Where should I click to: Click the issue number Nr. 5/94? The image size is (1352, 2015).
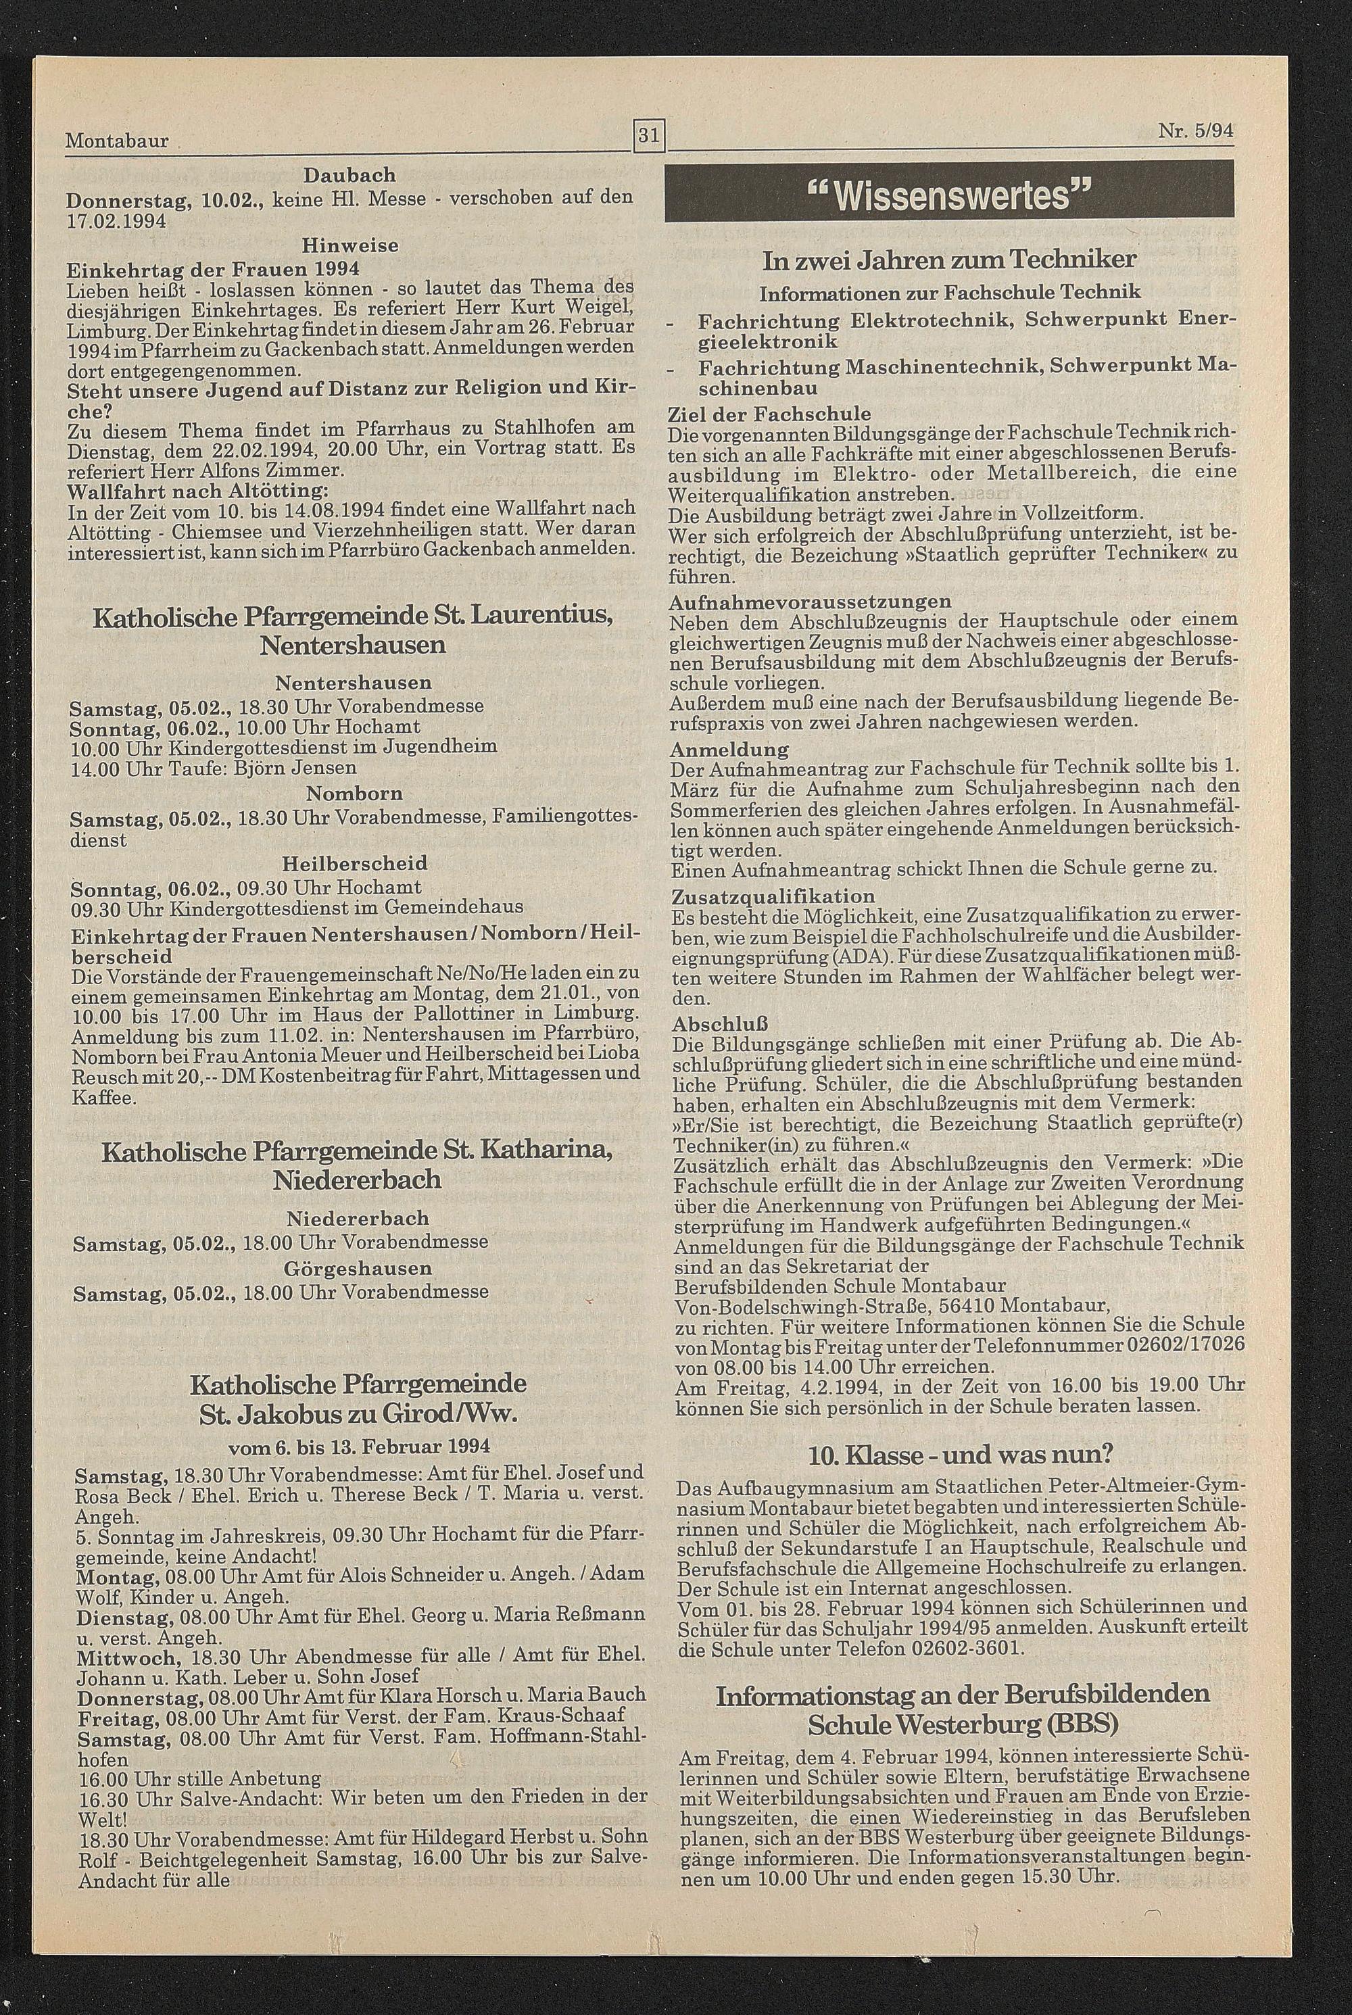click(x=1196, y=132)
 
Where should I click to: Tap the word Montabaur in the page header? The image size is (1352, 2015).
click(x=117, y=140)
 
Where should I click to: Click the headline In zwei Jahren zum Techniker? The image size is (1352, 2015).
click(x=949, y=260)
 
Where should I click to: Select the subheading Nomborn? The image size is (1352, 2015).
click(x=354, y=792)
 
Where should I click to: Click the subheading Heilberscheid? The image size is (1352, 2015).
click(x=354, y=863)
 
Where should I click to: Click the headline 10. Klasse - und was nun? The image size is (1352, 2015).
click(x=961, y=1455)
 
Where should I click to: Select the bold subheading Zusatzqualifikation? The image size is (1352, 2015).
click(x=772, y=896)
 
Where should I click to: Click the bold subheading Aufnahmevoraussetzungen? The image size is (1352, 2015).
click(x=811, y=601)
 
